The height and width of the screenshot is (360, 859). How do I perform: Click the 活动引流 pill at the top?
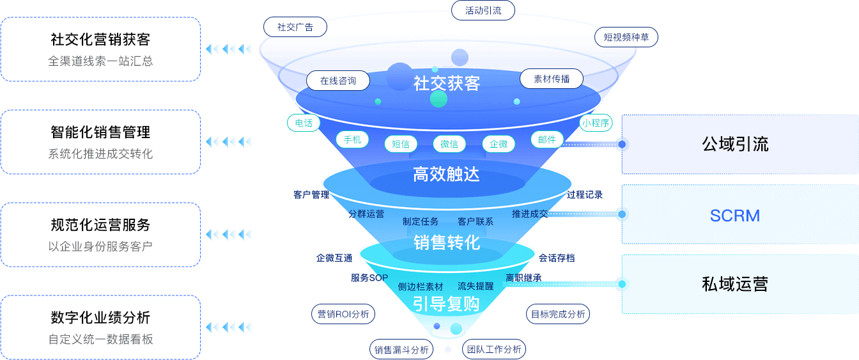(483, 10)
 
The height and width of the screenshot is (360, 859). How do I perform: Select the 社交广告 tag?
(295, 27)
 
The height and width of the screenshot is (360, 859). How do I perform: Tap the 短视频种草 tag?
(626, 37)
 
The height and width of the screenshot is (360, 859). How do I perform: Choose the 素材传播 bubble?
(551, 79)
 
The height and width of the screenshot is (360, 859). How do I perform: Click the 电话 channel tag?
(304, 123)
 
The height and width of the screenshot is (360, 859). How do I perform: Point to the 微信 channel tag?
(449, 144)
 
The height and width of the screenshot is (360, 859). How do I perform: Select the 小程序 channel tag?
(596, 123)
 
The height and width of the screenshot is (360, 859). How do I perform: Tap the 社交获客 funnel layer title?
(447, 83)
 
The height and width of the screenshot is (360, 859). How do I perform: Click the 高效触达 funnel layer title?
(446, 174)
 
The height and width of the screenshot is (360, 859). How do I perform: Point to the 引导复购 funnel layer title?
(446, 303)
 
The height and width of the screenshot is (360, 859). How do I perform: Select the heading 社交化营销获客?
(100, 40)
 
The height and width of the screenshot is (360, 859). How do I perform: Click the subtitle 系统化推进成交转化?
(100, 154)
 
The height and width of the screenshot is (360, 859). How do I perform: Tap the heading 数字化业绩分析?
(100, 318)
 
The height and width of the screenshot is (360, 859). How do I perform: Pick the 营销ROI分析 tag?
(343, 314)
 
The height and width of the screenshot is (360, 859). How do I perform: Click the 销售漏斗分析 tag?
(401, 349)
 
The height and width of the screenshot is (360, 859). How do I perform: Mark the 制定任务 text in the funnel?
(421, 221)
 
